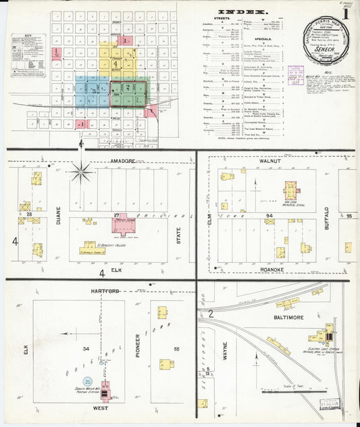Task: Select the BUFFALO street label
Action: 327,220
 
